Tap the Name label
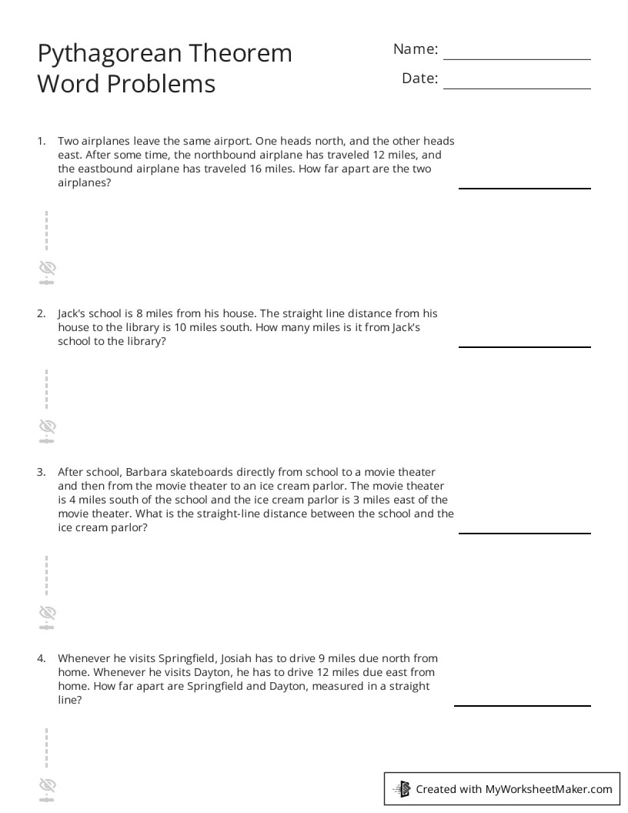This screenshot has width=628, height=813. (x=416, y=49)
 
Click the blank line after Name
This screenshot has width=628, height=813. (x=516, y=59)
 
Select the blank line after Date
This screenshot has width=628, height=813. (x=516, y=88)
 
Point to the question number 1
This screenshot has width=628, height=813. (x=41, y=141)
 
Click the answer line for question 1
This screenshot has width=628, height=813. (x=525, y=187)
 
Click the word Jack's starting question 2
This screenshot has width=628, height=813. (x=72, y=313)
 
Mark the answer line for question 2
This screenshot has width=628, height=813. (x=525, y=346)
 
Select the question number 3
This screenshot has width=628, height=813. (x=41, y=472)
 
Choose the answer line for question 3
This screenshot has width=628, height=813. (x=525, y=533)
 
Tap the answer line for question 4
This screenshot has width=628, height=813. (x=523, y=704)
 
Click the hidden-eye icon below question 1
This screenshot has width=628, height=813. (x=48, y=268)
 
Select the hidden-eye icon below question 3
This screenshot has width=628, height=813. (x=48, y=613)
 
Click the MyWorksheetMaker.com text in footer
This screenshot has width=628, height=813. (x=549, y=788)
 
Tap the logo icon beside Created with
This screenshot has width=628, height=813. (x=403, y=788)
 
